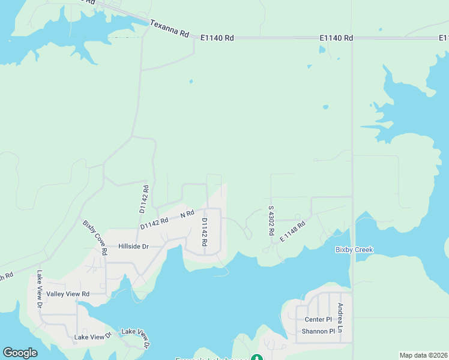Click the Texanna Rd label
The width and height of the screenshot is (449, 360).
pos(169,28)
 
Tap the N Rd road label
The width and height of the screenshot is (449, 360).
pos(187,214)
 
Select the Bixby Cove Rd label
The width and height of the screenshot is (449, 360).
pos(95,238)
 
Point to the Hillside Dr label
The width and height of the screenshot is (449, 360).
pos(133,247)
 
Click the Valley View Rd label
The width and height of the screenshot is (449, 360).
pos(68,294)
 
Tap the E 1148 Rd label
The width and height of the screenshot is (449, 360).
pos(293,232)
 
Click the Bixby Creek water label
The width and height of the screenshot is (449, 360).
pos(354,250)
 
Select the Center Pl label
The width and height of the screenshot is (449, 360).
pos(318,319)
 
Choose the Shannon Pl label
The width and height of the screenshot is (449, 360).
pos(318,331)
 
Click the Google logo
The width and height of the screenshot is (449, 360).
pos(20,353)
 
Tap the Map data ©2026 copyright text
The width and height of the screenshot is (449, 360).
pos(423,355)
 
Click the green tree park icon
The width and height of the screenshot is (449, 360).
pos(257,358)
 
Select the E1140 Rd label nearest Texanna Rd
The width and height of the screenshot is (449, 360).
pos(217,38)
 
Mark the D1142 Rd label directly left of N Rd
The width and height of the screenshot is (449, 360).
pos(155,223)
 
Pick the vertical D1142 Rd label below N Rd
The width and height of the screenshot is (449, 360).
pos(204,232)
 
